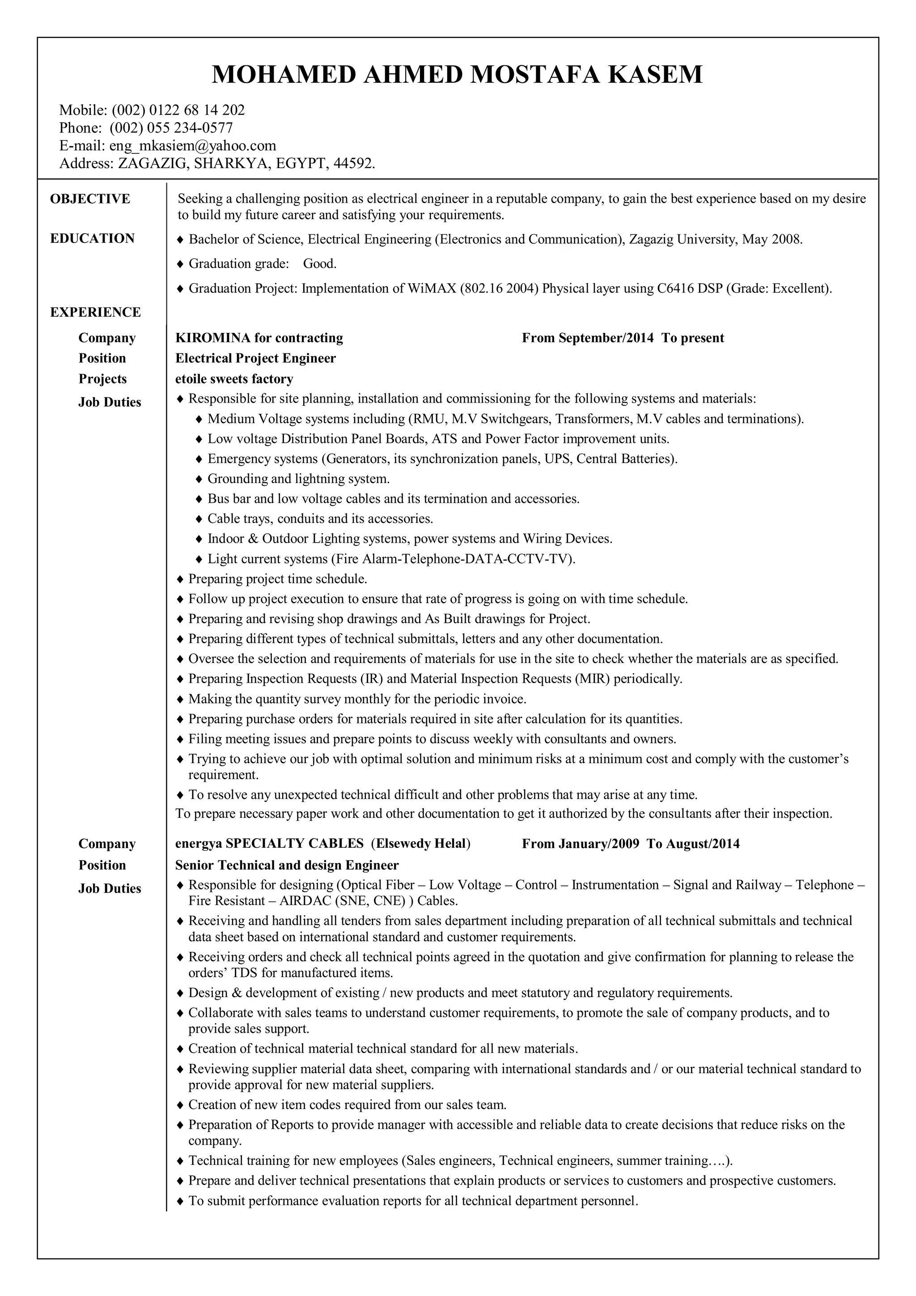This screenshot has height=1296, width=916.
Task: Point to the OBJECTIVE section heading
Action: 90,199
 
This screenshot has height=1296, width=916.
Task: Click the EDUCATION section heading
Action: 92,238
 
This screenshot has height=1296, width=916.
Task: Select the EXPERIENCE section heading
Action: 95,312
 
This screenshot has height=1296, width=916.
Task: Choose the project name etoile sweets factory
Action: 234,379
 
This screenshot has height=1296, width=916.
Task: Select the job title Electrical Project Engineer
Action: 256,358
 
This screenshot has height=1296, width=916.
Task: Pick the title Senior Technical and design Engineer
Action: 287,865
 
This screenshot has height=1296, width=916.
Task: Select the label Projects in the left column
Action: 102,379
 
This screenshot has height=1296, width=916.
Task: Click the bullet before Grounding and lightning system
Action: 199,479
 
